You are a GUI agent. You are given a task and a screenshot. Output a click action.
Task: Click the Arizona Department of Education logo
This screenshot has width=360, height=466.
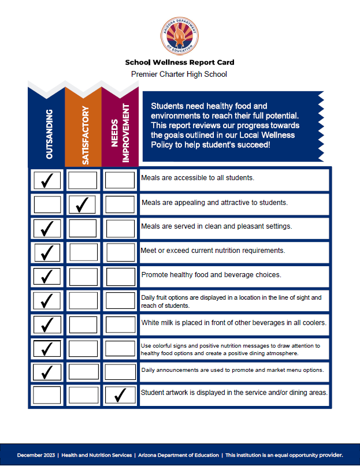click(180, 35)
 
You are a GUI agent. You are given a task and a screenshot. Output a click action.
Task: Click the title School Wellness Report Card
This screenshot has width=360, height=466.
click(180, 62)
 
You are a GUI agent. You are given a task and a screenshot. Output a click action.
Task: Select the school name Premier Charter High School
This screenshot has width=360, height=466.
click(179, 74)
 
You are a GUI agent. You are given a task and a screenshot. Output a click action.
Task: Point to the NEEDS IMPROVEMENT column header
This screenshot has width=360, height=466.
click(120, 134)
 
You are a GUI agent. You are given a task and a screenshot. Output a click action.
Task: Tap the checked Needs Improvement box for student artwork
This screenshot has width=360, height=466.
click(120, 396)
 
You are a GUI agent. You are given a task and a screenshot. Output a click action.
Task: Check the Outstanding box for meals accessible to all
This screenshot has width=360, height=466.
click(47, 180)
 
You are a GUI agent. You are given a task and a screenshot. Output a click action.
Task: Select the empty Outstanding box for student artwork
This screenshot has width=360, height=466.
click(47, 396)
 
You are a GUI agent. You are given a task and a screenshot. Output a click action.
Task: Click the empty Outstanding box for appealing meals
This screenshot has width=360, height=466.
click(47, 204)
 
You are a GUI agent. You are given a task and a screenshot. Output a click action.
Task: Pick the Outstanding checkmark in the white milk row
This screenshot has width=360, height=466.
click(47, 324)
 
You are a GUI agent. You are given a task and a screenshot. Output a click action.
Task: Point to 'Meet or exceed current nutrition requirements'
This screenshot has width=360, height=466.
click(213, 251)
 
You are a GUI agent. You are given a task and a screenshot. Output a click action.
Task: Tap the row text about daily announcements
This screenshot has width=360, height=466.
click(232, 370)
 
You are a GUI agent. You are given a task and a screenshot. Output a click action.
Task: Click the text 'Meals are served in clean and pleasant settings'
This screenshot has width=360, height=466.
click(217, 226)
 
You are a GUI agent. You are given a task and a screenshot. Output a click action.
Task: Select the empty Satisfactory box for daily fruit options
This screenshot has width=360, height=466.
click(83, 300)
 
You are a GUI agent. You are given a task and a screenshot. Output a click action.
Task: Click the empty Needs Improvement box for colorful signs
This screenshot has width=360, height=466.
click(120, 348)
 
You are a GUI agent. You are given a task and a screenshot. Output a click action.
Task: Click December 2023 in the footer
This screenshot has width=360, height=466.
click(36, 455)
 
